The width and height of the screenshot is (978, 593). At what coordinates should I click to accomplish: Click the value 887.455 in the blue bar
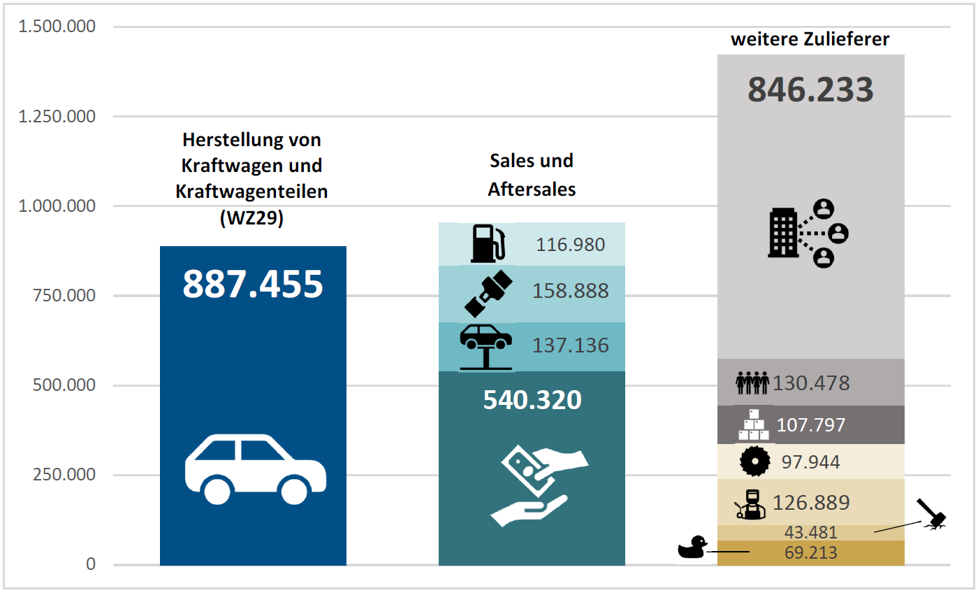point(253,284)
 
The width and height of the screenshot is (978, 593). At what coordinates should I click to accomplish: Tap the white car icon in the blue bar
point(256,468)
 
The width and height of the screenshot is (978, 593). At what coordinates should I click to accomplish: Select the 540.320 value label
point(532,399)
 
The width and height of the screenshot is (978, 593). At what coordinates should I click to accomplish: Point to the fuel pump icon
point(487,243)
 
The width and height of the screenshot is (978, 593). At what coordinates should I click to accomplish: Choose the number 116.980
point(570,245)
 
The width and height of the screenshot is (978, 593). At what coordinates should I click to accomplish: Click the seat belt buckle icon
point(488,293)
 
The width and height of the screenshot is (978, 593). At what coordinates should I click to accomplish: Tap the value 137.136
point(570,345)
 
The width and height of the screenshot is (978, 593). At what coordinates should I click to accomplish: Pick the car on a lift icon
point(486,346)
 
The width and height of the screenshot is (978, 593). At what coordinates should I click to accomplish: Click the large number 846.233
point(811,90)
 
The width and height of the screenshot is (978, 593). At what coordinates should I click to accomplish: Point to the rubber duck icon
point(692,548)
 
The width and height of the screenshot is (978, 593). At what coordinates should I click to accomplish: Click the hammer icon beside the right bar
point(933,513)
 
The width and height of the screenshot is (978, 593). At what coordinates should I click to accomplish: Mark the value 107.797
point(811,424)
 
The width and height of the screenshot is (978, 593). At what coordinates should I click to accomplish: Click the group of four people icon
point(752,383)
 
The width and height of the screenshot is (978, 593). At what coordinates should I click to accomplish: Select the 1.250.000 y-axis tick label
point(57,116)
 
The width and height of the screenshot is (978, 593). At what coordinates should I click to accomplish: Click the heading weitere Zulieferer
point(810,39)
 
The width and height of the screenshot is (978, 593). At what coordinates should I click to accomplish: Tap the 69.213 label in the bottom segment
point(811,554)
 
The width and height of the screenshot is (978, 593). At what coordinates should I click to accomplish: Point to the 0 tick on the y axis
point(91,564)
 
